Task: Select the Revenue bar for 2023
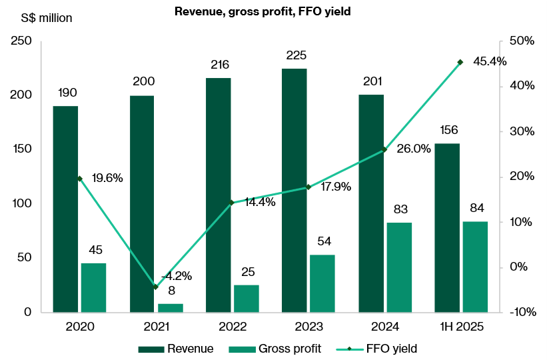click(x=294, y=190)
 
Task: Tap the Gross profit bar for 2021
click(x=171, y=308)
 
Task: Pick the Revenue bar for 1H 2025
click(x=447, y=227)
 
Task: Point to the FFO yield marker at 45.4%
click(x=460, y=62)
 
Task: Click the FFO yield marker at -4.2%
click(x=156, y=287)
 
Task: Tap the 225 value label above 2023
click(x=294, y=56)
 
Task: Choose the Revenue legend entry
click(x=177, y=348)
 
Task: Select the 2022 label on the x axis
click(x=232, y=327)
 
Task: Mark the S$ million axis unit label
click(x=41, y=18)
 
